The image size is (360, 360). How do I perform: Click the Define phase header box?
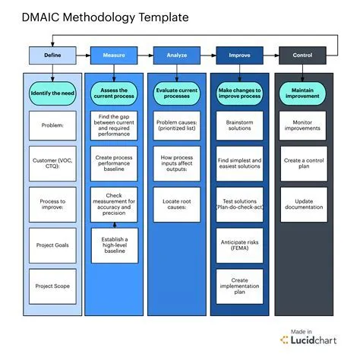[x=52, y=55]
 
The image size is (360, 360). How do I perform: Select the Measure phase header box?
[x=113, y=55]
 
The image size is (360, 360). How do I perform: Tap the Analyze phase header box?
[x=176, y=55]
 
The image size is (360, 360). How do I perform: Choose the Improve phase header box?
[x=239, y=55]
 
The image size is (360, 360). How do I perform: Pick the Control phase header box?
[x=302, y=55]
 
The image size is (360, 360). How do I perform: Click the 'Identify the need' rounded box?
[x=52, y=93]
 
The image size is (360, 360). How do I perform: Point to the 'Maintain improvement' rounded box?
[x=302, y=93]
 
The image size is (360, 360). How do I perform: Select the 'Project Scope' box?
[x=52, y=286]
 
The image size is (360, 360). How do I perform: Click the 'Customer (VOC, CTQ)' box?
[x=52, y=165]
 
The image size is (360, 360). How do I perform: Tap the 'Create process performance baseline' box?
[x=113, y=165]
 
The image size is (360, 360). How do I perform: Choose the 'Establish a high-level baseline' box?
[x=113, y=245]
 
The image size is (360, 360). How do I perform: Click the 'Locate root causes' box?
[x=176, y=205]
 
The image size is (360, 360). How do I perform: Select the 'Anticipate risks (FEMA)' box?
[x=239, y=245]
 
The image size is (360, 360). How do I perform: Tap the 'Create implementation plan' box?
[x=239, y=286]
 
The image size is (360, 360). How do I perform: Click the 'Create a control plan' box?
[x=302, y=165]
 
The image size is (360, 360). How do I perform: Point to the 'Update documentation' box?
[x=302, y=205]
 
